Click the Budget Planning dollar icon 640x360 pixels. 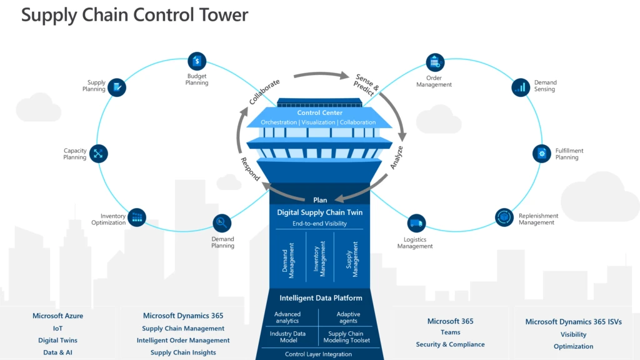(197, 61)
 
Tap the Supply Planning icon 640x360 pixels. (117, 87)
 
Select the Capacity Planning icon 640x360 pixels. (99, 154)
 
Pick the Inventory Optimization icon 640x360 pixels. (137, 217)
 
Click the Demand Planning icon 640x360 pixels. (222, 222)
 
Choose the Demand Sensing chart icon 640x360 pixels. (520, 87)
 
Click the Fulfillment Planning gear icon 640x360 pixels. (541, 153)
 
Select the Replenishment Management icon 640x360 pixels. (504, 217)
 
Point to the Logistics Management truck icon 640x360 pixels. (416, 224)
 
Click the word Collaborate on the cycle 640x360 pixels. (265, 92)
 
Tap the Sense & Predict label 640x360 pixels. (365, 85)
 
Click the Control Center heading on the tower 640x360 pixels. (320, 113)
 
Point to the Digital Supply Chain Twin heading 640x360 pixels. (320, 212)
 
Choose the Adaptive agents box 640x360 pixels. (348, 317)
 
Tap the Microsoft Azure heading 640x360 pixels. (57, 316)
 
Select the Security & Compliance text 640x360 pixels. (450, 344)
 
